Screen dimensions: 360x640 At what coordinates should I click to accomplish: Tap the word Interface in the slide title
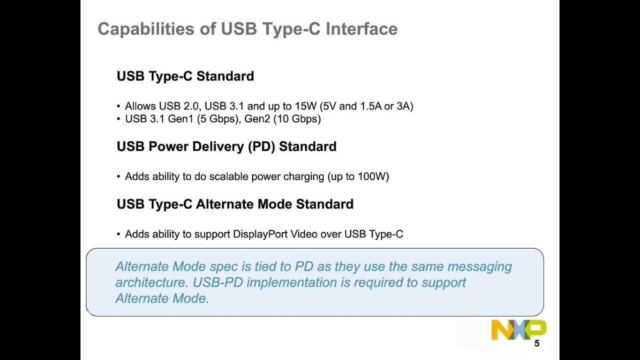[361, 29]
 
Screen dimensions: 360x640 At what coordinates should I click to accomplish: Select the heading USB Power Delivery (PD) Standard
[226, 146]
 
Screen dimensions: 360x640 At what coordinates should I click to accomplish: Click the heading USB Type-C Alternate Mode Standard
[235, 204]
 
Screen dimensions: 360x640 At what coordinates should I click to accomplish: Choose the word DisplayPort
[260, 234]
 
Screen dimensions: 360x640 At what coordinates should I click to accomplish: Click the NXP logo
[518, 330]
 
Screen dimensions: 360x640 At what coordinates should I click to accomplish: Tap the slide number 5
[537, 343]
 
